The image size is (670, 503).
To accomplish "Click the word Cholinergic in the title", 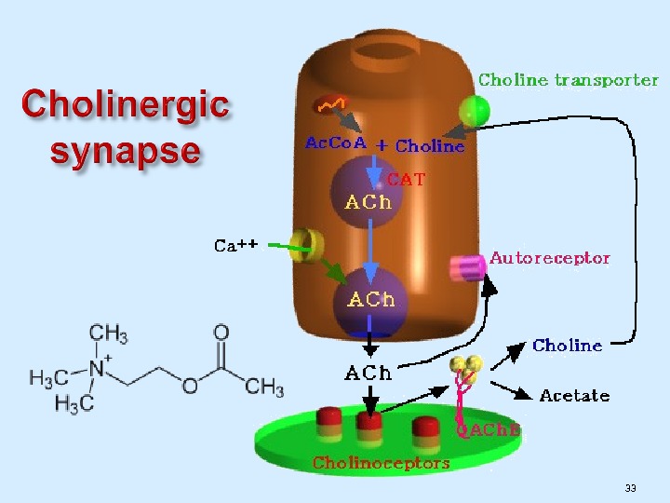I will (126, 103).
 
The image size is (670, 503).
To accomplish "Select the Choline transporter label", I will (568, 80).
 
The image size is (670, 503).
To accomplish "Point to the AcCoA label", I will (336, 143).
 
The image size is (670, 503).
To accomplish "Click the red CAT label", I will (406, 179).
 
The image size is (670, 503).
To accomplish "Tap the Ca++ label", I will (235, 246).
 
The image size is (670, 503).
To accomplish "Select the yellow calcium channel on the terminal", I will (301, 247).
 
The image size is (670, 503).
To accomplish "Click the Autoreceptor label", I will (550, 258).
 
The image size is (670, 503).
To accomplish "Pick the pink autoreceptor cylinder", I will (467, 268).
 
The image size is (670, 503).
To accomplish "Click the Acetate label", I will (574, 396).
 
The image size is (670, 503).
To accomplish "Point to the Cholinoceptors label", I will (381, 463).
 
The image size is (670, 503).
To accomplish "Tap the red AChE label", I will (488, 429).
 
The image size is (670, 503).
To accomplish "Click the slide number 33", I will (631, 488).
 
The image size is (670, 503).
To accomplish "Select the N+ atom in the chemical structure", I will (95, 366).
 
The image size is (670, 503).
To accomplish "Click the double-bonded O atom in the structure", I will (221, 333).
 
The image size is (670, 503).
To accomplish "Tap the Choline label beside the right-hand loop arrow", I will (567, 346).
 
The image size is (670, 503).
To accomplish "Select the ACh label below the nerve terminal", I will (368, 374).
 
